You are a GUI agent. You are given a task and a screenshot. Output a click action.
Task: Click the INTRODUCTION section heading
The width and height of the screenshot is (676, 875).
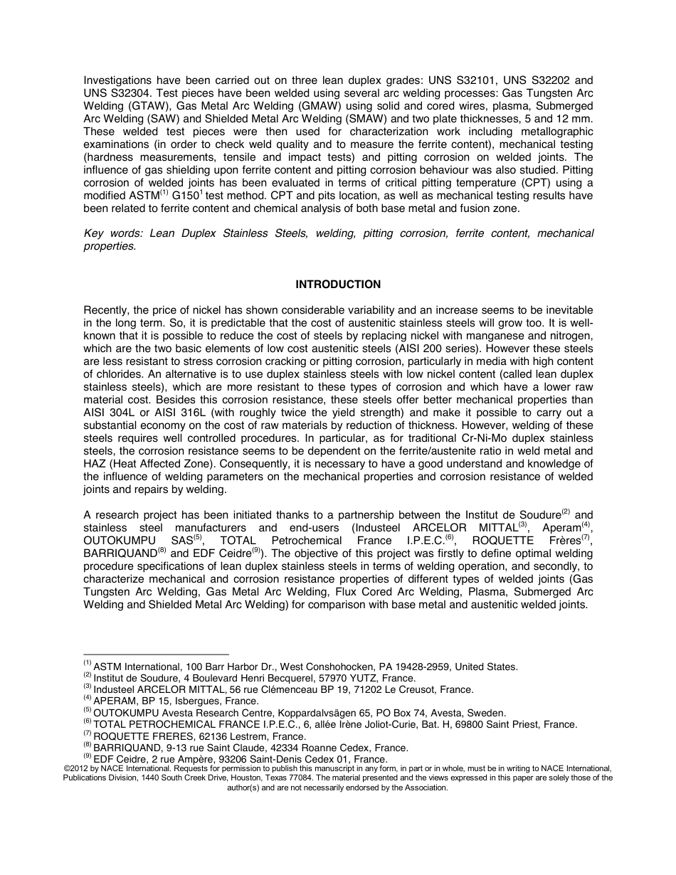[338, 285]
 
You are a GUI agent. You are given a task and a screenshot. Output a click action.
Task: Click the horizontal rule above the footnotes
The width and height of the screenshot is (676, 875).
[156, 654]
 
